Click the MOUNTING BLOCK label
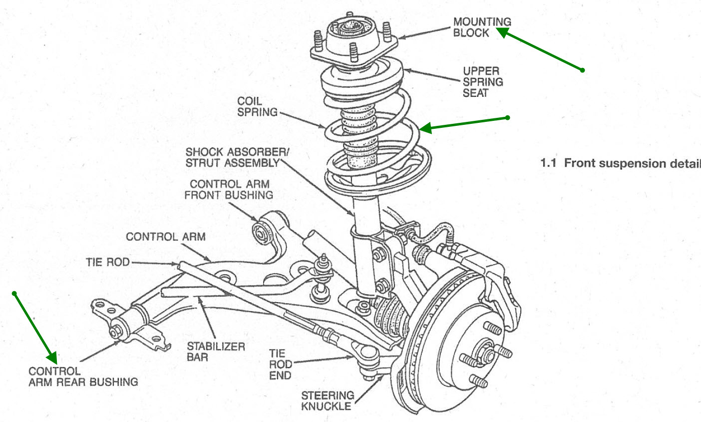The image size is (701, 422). point(482,27)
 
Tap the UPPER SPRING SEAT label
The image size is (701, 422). point(482,82)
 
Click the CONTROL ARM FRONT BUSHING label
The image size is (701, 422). point(229,190)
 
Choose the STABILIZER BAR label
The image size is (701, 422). point(216,352)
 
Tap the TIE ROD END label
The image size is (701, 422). point(281,365)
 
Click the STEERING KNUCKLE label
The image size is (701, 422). point(327,401)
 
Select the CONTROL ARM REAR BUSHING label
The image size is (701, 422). point(83,377)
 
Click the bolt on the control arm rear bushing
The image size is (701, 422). point(116,331)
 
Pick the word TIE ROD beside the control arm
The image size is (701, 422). point(107,262)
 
